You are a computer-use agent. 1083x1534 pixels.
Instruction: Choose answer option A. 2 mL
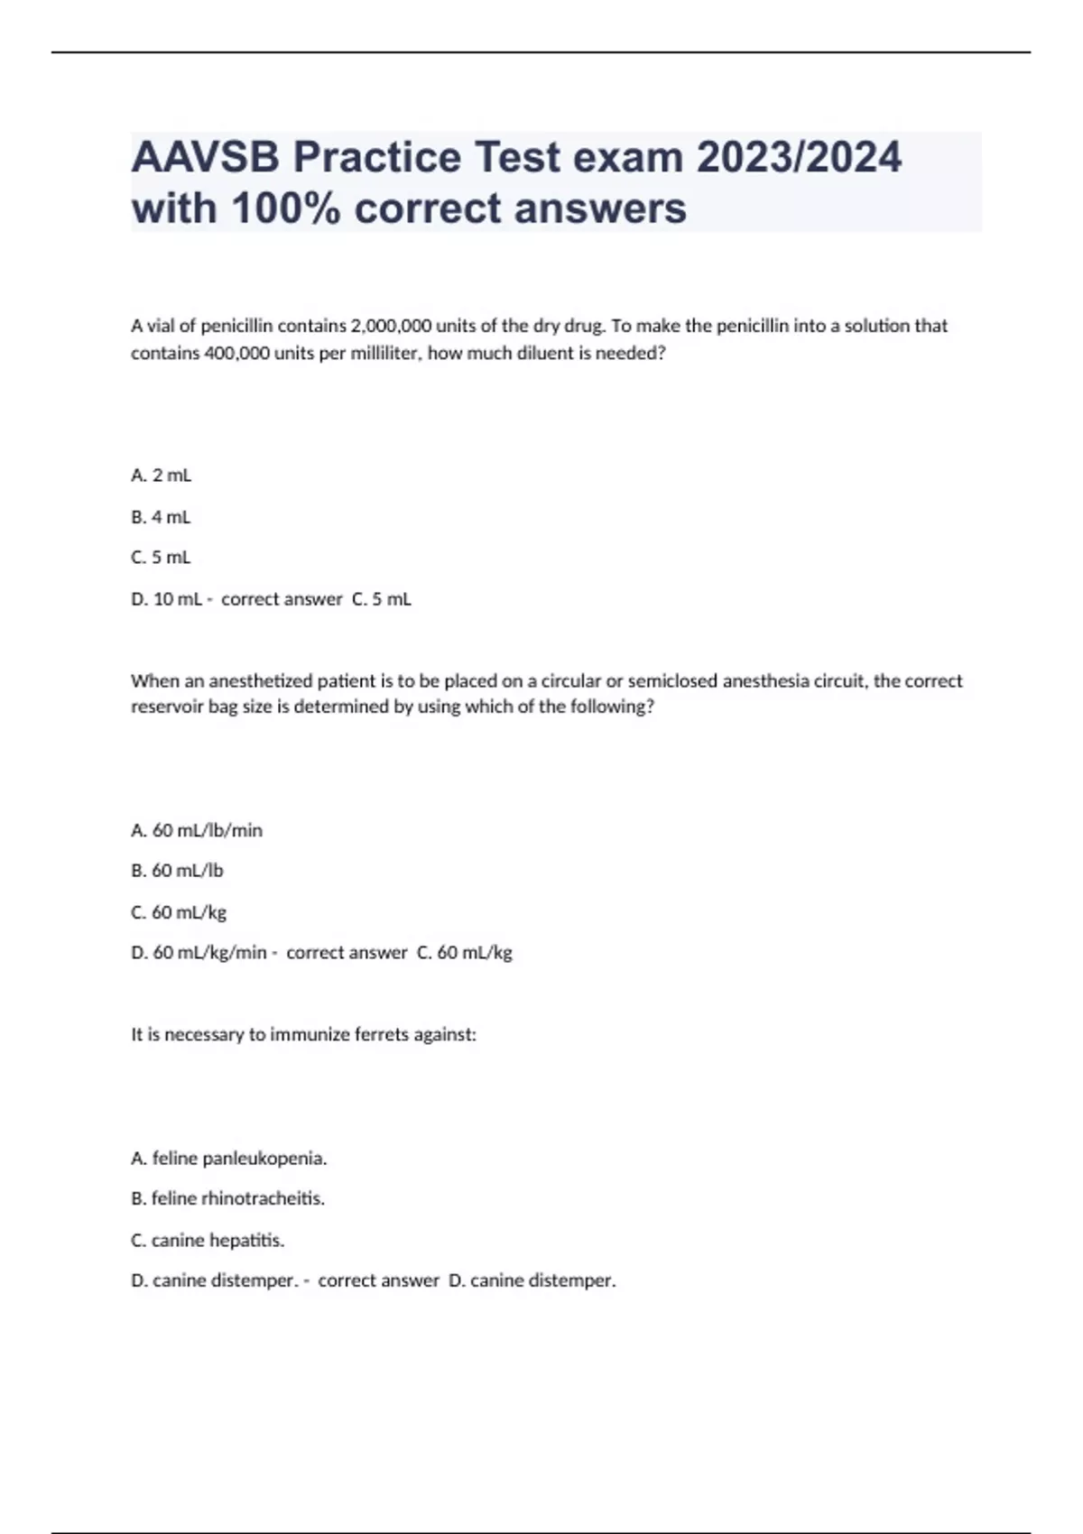(x=162, y=476)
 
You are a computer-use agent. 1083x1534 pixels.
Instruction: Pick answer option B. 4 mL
(x=162, y=517)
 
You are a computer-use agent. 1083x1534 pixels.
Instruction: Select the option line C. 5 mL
(x=162, y=558)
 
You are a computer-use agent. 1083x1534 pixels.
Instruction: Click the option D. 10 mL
(x=167, y=599)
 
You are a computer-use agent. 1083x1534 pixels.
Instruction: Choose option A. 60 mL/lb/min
(x=197, y=830)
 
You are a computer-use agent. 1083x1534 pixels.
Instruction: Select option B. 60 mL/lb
(x=178, y=871)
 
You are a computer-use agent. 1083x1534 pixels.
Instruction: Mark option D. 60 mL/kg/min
(x=199, y=953)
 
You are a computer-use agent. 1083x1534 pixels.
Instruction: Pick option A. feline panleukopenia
(x=229, y=1158)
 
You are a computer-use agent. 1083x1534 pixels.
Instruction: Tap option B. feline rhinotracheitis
(x=228, y=1198)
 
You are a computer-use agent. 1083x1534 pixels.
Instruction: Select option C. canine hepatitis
(x=208, y=1240)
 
